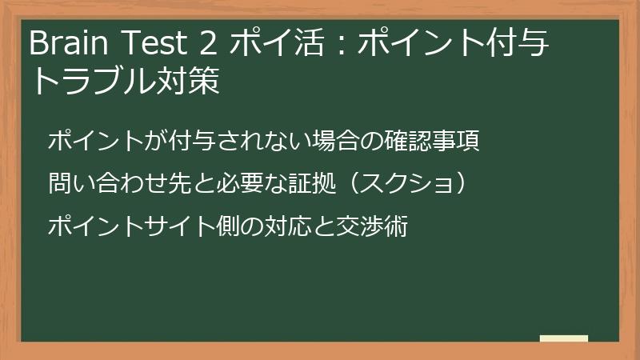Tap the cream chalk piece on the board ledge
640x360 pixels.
tap(563, 339)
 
